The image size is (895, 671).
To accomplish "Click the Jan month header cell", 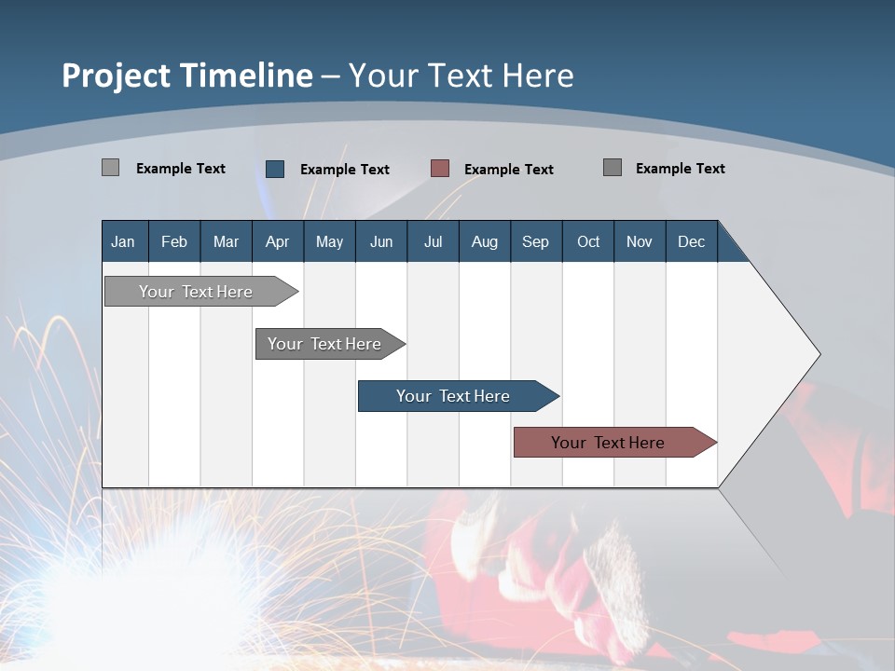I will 123,241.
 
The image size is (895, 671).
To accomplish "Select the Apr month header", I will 277,241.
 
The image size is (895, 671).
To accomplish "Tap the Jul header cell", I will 433,241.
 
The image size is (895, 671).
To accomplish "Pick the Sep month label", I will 535,241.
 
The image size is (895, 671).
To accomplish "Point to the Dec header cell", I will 691,241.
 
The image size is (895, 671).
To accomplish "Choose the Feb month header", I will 174,241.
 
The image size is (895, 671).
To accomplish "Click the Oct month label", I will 588,241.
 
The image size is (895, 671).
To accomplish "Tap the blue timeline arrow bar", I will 454,396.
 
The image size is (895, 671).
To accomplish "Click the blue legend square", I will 275,169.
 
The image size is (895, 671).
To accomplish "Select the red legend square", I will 440,169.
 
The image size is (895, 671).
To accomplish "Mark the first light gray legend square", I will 111,168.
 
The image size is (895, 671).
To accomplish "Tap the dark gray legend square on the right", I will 613,168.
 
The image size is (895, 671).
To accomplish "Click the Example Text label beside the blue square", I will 345,170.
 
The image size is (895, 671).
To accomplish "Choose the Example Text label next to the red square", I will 509,170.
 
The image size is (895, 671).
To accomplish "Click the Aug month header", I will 484,241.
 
